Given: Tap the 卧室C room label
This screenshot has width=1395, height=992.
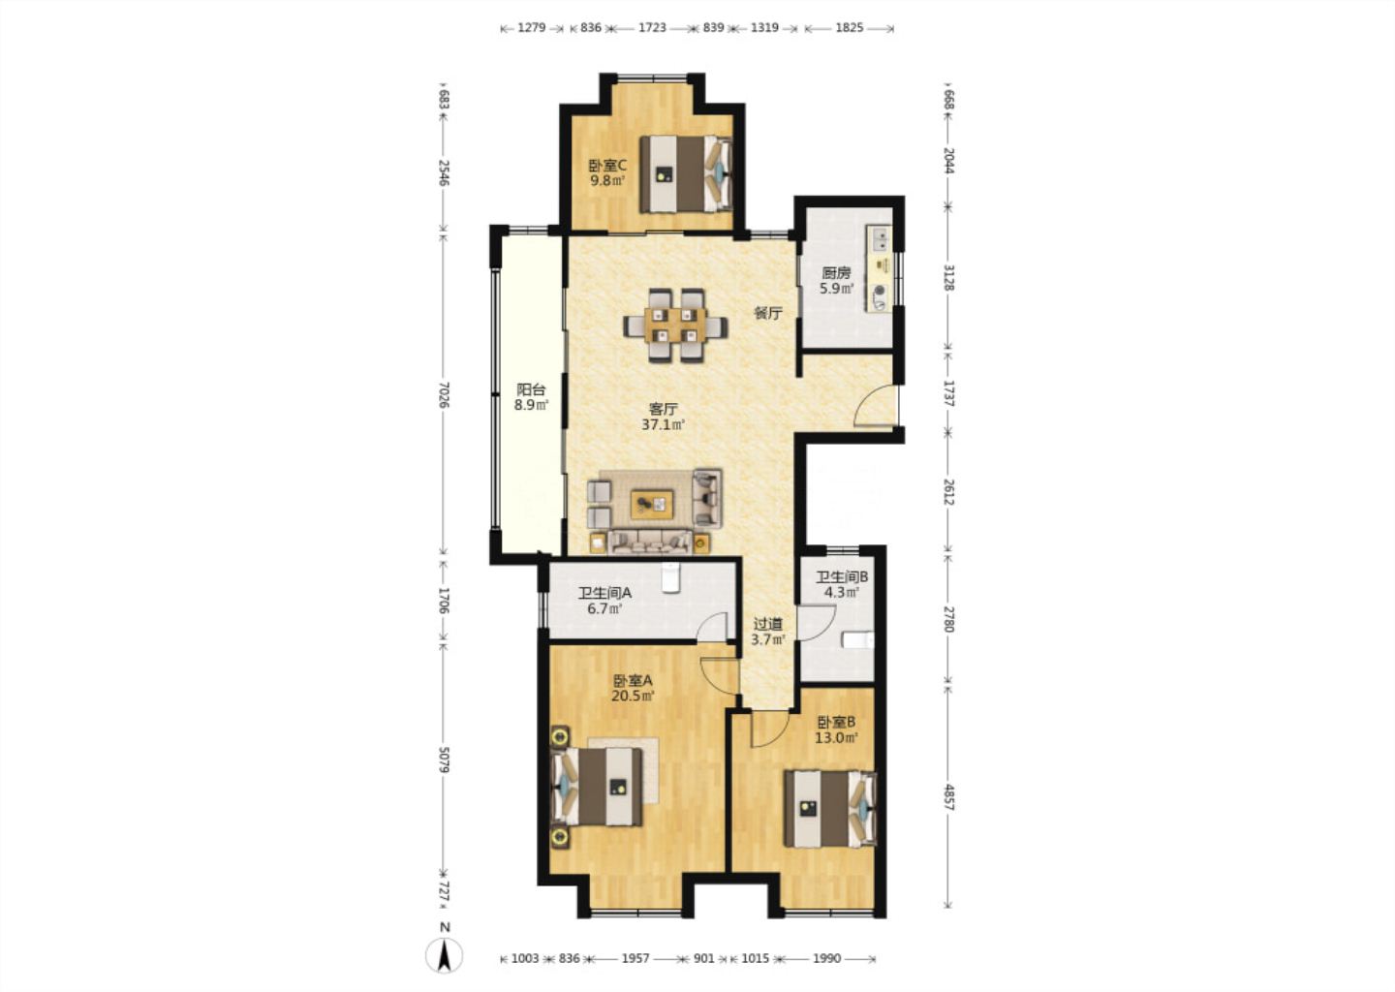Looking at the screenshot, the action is tap(607, 166).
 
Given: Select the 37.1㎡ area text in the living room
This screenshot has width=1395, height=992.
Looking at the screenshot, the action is tap(664, 425).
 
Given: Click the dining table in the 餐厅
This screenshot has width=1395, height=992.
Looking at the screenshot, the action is tap(675, 325).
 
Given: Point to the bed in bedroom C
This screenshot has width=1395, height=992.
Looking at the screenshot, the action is tap(686, 174).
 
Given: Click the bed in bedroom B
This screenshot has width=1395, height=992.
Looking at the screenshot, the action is tap(830, 808).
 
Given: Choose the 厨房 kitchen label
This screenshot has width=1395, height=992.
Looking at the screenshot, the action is tap(836, 273).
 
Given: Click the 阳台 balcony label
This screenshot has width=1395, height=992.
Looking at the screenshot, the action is tap(531, 389).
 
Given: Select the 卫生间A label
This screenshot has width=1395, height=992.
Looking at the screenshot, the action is tap(604, 594).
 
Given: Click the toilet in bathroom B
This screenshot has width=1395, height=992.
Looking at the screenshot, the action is tap(858, 640).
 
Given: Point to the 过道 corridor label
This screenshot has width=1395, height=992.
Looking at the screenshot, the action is tap(767, 623).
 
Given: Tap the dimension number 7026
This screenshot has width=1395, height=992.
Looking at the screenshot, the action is tap(444, 395).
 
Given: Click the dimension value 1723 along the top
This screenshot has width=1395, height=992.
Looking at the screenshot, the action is tap(652, 27).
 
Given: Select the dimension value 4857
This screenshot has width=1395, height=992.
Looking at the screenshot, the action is tap(948, 796).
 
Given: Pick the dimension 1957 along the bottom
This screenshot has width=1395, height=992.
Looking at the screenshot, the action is tap(635, 958).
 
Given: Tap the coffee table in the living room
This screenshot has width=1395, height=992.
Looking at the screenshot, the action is tap(652, 504).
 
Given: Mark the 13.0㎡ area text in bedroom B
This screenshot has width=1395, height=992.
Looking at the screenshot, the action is tap(836, 738).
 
